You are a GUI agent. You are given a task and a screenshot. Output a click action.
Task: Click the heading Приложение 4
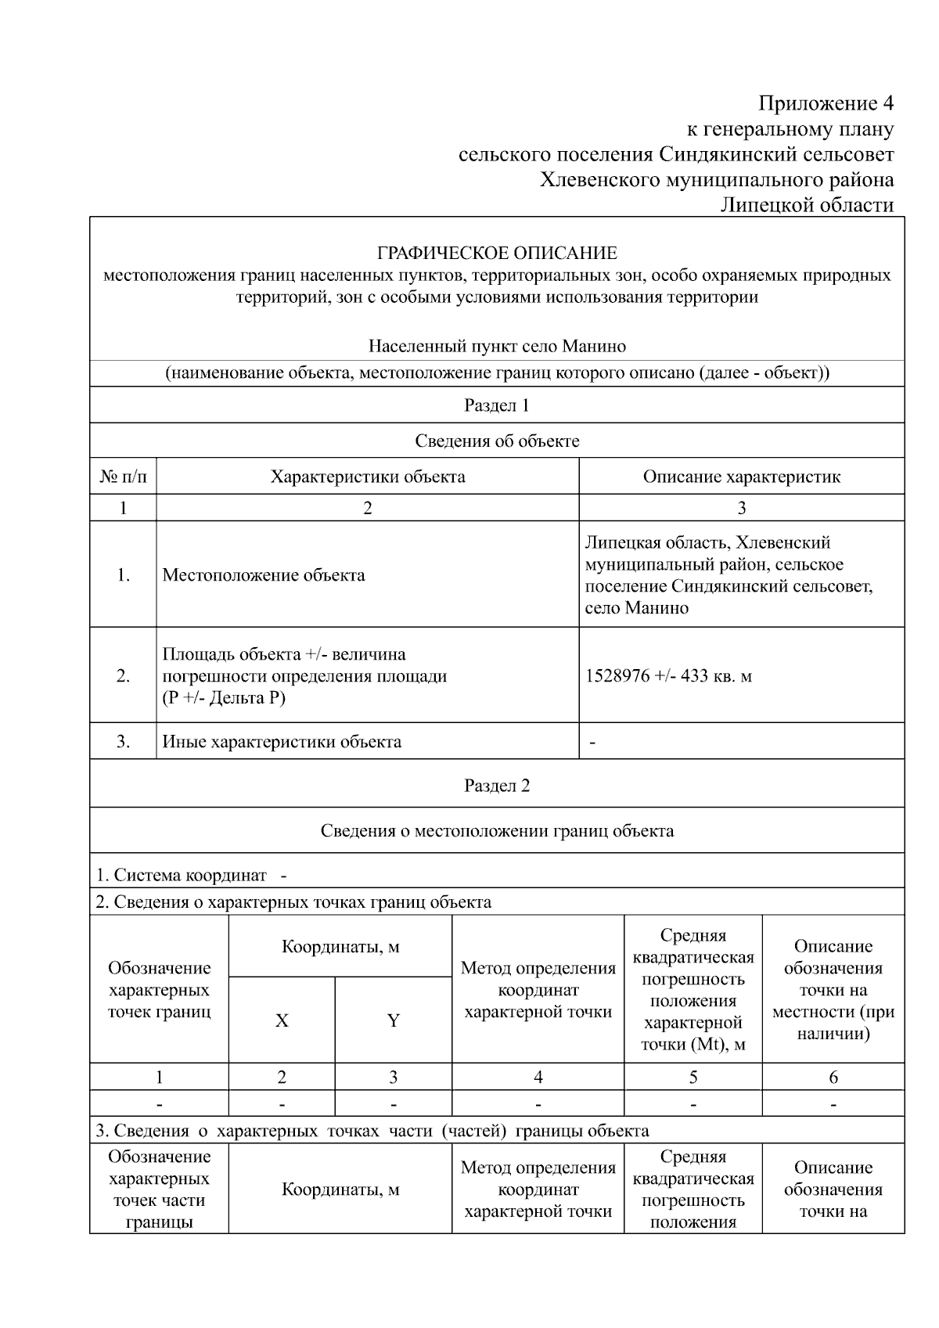pos(826,103)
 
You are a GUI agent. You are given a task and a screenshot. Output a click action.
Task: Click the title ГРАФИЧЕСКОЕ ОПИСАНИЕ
pos(497,254)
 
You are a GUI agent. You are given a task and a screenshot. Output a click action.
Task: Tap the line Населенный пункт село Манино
pos(497,346)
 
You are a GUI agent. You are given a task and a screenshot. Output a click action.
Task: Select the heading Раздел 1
pos(497,405)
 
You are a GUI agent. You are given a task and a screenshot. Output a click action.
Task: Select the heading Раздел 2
pos(497,786)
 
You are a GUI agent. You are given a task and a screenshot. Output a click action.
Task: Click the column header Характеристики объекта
pos(368,477)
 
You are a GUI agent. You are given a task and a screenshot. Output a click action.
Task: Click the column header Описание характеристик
pos(741,477)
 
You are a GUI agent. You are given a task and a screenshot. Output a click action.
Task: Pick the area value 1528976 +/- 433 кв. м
pos(668,675)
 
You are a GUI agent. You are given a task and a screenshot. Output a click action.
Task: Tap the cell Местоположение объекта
pos(264,575)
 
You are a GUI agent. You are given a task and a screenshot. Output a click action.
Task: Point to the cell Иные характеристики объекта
pos(282,742)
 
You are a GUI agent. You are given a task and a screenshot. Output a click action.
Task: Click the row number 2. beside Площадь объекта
pos(123,675)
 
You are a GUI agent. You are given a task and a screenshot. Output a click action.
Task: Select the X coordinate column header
pos(282,1020)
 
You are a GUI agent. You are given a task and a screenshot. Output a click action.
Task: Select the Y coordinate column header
pos(394,1020)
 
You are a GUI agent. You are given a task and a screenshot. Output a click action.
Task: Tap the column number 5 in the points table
pos(693,1078)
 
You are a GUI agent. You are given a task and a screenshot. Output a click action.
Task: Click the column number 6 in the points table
pos(833,1078)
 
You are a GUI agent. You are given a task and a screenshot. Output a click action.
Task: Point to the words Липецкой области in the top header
pos(807,205)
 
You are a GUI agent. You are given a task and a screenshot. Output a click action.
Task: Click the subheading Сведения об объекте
pos(497,441)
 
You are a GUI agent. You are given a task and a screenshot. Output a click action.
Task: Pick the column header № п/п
pos(123,477)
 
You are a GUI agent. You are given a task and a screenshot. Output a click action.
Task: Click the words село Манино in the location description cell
pos(636,608)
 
